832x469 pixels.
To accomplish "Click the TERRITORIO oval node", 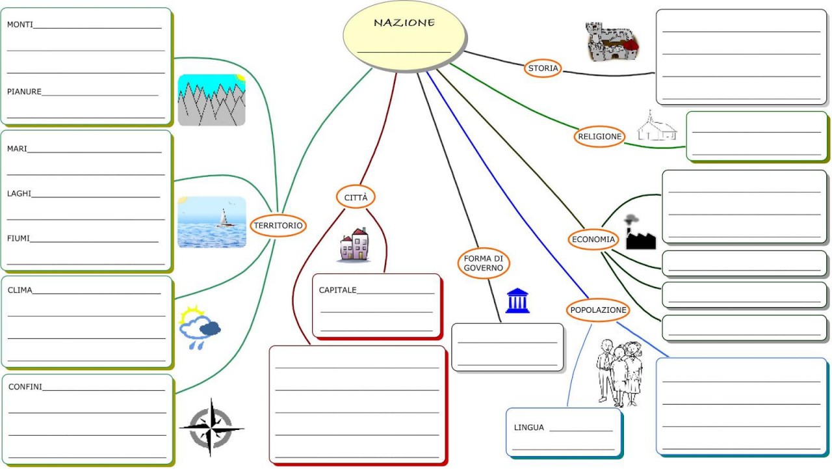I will [x=278, y=225].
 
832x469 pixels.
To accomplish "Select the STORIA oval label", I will [x=543, y=68].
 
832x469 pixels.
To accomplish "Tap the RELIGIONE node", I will [x=599, y=137].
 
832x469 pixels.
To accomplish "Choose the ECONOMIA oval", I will [x=593, y=239].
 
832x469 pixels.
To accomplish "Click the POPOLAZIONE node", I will [x=598, y=310].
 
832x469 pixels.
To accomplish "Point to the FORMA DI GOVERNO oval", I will [x=483, y=263].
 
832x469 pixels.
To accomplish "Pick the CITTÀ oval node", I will [x=356, y=196].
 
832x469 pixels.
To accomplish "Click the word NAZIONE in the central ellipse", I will [x=404, y=23].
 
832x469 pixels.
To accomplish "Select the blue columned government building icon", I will [x=517, y=301].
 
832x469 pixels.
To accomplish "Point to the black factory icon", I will [x=639, y=234].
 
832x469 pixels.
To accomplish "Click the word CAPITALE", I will [x=337, y=290].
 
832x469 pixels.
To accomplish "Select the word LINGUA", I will [x=528, y=427].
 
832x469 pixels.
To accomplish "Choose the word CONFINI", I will [x=25, y=386].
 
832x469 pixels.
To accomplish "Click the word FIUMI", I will [x=19, y=238].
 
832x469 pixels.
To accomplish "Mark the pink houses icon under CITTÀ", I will [x=355, y=245].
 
